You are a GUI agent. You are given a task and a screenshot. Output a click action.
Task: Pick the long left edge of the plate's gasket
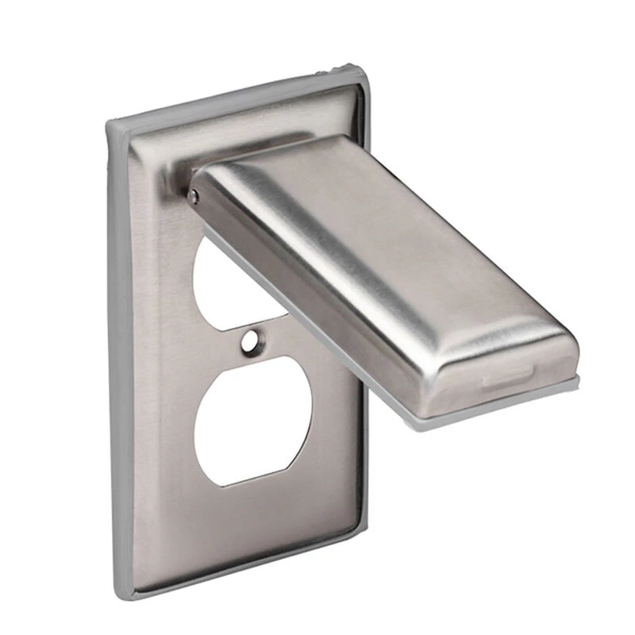(120, 357)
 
